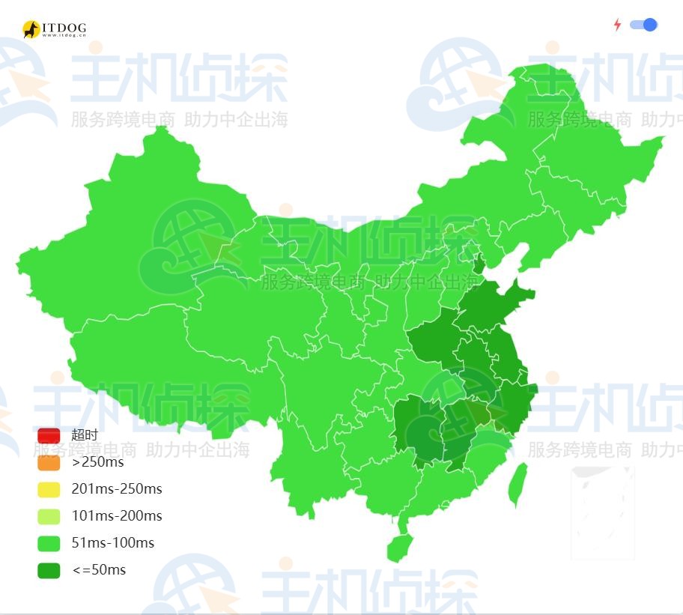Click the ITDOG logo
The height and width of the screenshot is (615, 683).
coord(54,29)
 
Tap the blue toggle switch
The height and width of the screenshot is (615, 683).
coord(644,25)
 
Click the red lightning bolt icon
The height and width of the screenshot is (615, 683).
coord(617,25)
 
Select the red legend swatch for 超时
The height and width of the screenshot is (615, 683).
coord(49,435)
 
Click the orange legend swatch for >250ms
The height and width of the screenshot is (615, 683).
coord(49,462)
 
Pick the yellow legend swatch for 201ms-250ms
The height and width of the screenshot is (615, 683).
coord(49,489)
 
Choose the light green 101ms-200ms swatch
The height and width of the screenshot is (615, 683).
coord(49,516)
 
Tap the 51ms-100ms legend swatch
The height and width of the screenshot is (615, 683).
coord(49,543)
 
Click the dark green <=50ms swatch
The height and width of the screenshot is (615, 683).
coord(49,570)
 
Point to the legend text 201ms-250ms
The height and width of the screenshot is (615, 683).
coord(117,489)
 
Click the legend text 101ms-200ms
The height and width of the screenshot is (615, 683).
coord(117,516)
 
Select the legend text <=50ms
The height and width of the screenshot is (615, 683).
coord(99,570)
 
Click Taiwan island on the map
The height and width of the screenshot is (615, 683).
coord(517,484)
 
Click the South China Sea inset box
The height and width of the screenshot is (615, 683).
coord(603,513)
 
